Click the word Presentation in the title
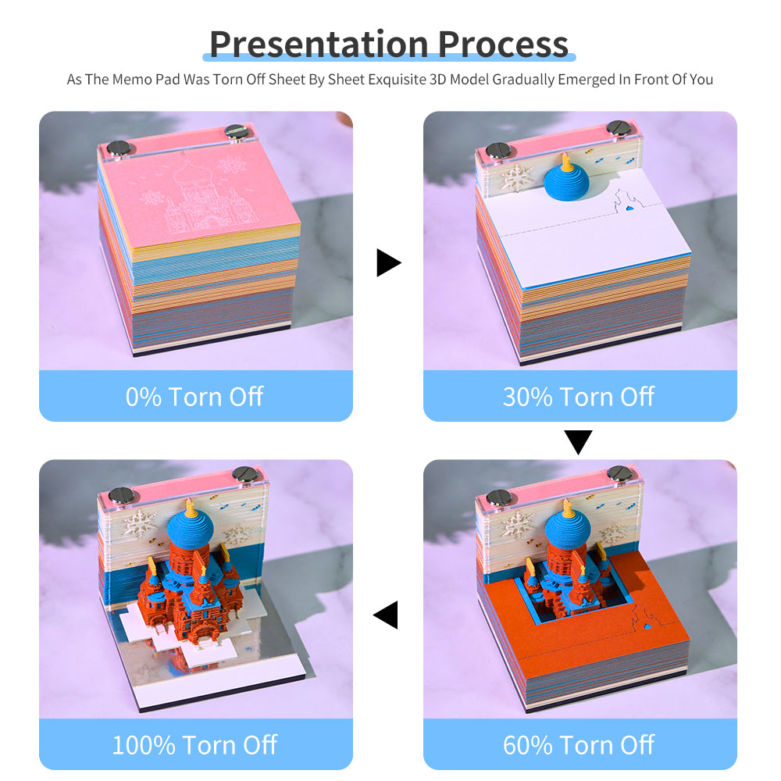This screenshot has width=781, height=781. [319, 44]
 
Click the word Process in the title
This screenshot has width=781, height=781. [503, 44]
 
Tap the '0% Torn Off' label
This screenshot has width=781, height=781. [194, 397]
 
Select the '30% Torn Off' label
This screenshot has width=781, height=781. [579, 397]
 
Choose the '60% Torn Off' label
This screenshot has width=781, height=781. [579, 745]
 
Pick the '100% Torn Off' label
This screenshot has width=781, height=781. [194, 745]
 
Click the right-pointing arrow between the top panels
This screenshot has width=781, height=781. [387, 262]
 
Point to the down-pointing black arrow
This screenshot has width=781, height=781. [579, 442]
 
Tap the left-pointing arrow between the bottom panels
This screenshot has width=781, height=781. [387, 615]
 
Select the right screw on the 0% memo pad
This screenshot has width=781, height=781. [235, 132]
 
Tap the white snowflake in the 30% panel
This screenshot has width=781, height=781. [517, 178]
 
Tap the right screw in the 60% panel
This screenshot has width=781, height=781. [619, 473]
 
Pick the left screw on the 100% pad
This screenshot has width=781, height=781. [122, 494]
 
